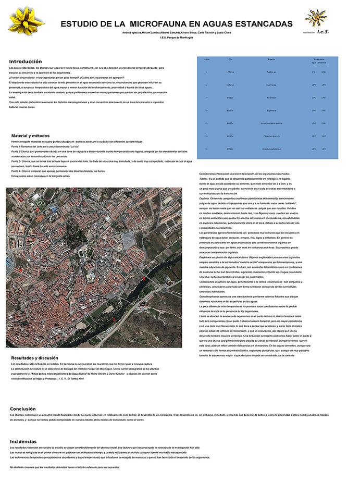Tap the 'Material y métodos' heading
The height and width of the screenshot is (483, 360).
coord(34,135)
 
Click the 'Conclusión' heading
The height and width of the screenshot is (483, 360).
coord(23,409)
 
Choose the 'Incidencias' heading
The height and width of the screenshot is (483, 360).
coord(23,441)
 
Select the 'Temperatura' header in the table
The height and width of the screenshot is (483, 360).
coord(318,59)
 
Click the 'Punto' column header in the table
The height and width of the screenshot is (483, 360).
coord(207,59)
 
